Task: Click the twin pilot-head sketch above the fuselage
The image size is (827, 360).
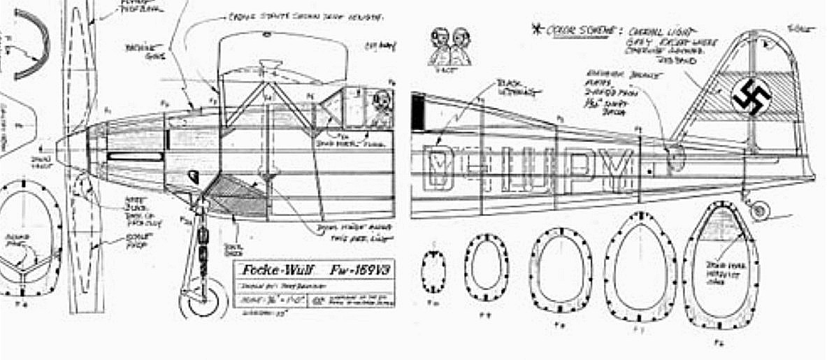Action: pyautogui.click(x=450, y=45)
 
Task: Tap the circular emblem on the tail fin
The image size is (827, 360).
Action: pyautogui.click(x=751, y=94)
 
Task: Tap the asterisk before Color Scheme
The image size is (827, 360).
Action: pyautogui.click(x=537, y=30)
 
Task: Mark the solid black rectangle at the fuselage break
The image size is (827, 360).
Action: pyautogui.click(x=418, y=112)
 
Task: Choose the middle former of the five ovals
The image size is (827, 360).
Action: pyautogui.click(x=561, y=269)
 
